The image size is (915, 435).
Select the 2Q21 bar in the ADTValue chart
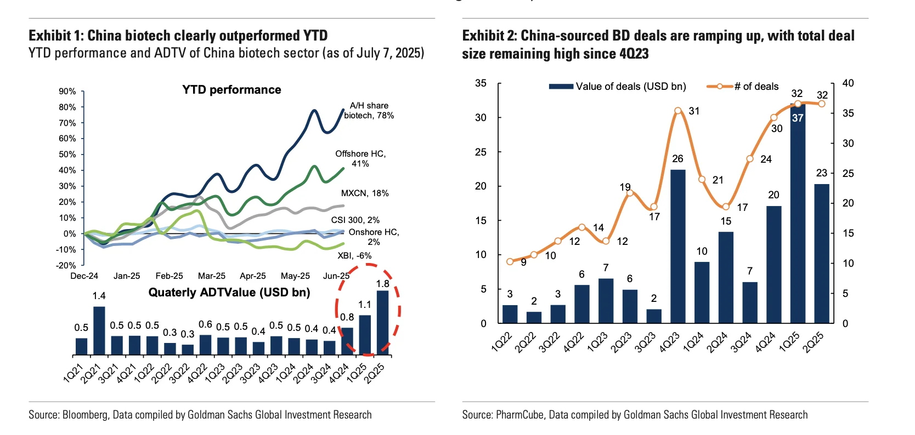click(x=99, y=330)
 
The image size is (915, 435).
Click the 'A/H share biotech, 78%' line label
click(x=369, y=111)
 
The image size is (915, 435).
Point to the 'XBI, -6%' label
click(x=354, y=256)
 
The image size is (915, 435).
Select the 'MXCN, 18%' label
click(x=365, y=193)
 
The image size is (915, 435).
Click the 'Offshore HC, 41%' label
click(x=360, y=159)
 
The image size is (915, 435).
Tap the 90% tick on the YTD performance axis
click(x=67, y=91)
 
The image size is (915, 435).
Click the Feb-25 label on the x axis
click(x=169, y=276)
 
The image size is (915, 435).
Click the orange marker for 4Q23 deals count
click(x=678, y=111)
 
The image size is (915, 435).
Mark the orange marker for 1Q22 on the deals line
click(x=510, y=261)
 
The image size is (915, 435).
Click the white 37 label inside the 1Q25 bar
click(x=798, y=118)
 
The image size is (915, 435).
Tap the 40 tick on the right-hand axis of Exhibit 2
click(x=848, y=83)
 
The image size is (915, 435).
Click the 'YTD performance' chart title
click(x=231, y=90)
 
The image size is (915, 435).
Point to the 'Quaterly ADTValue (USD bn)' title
click(x=229, y=293)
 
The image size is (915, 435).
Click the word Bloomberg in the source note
click(x=85, y=415)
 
